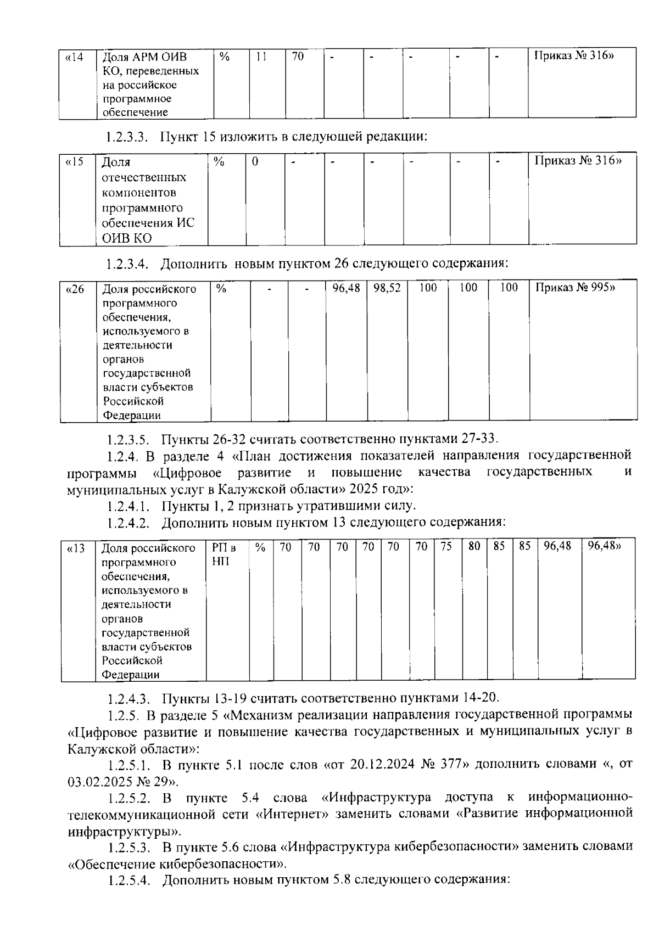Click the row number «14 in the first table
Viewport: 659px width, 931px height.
pyautogui.click(x=74, y=57)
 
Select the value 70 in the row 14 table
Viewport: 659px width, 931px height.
pyautogui.click(x=298, y=57)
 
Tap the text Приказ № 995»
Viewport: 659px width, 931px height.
pyautogui.click(x=574, y=288)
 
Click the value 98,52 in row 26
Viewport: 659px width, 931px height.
pyautogui.click(x=387, y=288)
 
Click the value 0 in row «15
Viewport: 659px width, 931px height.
pyautogui.click(x=255, y=162)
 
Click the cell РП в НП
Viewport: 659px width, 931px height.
pyautogui.click(x=223, y=554)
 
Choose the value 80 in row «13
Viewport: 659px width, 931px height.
pyautogui.click(x=474, y=547)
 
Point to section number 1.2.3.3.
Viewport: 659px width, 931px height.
pyautogui.click(x=127, y=137)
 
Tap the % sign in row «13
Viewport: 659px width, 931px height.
pyautogui.click(x=260, y=547)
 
